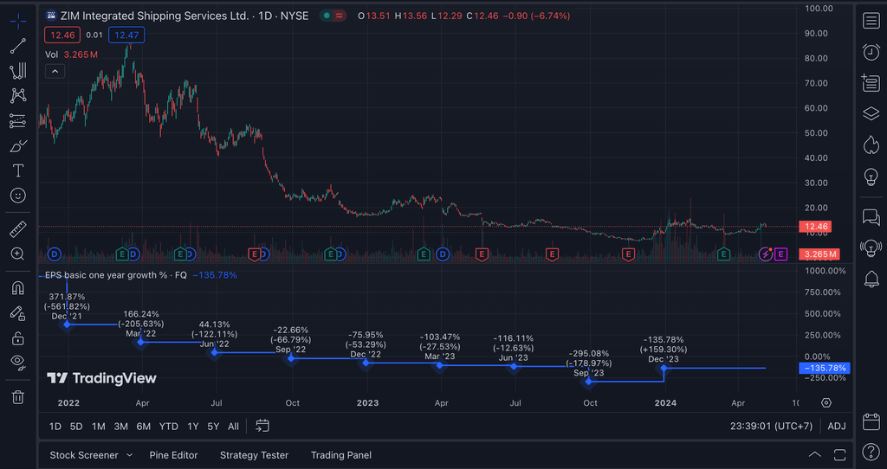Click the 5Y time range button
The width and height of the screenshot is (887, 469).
tap(213, 426)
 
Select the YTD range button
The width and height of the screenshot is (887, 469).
tap(169, 426)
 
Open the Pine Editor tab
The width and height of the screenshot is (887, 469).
tap(173, 455)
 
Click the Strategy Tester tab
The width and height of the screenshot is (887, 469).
tap(254, 455)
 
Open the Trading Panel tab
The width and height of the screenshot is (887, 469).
tap(341, 455)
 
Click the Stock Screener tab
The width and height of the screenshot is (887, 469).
tap(83, 455)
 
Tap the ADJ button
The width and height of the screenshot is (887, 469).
tap(837, 426)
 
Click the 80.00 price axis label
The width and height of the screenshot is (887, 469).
tap(819, 59)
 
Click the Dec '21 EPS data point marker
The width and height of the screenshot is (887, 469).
tap(67, 324)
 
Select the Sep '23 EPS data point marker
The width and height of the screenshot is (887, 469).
tap(589, 382)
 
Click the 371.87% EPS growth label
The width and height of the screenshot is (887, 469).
tap(67, 297)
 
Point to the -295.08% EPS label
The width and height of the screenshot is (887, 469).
tap(589, 354)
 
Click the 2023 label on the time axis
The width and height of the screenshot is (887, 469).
tap(367, 403)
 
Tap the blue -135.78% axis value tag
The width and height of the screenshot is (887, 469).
tap(824, 368)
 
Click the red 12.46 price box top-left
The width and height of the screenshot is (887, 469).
tap(62, 35)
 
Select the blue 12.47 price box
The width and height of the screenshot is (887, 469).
tap(126, 35)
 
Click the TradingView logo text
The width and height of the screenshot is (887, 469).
tap(102, 378)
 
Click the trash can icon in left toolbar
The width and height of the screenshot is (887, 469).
tap(17, 397)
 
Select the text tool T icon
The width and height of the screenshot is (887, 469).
tap(17, 170)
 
